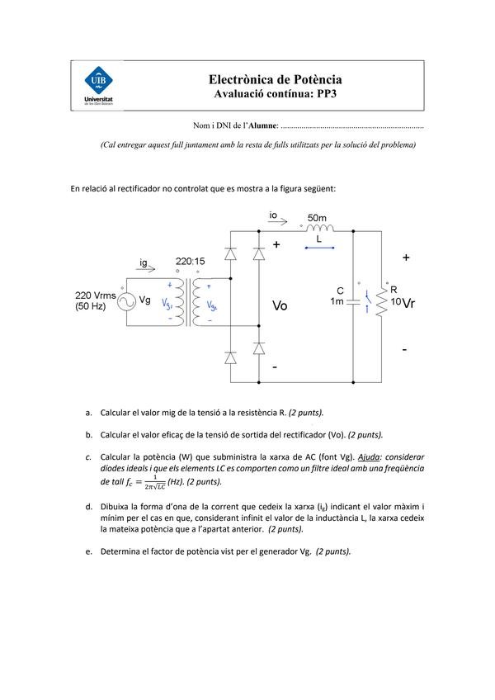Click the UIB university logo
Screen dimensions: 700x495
click(99, 86)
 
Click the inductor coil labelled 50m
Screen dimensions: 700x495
click(320, 230)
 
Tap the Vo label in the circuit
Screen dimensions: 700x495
click(280, 306)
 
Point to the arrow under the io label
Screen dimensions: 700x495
click(278, 223)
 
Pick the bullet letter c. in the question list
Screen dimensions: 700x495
click(88, 456)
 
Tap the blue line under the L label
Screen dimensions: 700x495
click(319, 246)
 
